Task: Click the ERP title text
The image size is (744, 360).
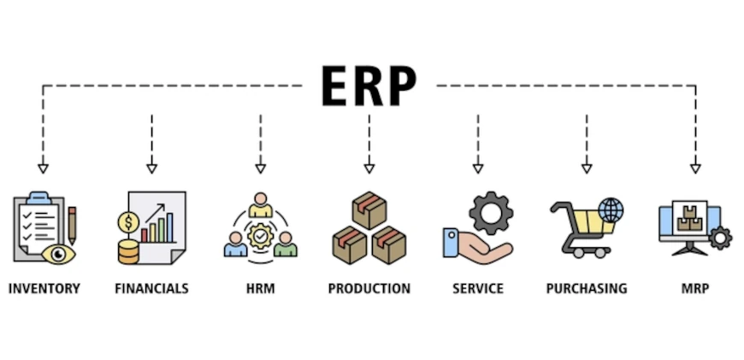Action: click(369, 86)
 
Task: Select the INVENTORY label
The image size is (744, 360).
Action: click(44, 289)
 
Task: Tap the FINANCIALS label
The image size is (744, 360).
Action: click(151, 289)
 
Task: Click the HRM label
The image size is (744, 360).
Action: click(260, 289)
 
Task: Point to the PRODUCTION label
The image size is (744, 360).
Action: click(369, 289)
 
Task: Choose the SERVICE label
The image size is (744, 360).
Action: click(477, 289)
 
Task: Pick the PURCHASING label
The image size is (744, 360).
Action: click(586, 289)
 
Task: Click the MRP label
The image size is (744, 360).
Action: click(694, 289)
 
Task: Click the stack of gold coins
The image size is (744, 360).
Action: click(129, 251)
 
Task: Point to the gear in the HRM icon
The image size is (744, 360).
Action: click(260, 233)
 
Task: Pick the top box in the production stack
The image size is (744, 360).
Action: click(369, 210)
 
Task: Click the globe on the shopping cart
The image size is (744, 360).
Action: click(611, 210)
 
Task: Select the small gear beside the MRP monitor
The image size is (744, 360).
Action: click(720, 238)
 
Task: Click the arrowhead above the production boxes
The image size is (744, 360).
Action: click(369, 168)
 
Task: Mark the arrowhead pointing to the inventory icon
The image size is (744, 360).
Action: click(44, 168)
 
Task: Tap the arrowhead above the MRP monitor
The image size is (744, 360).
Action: click(694, 168)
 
